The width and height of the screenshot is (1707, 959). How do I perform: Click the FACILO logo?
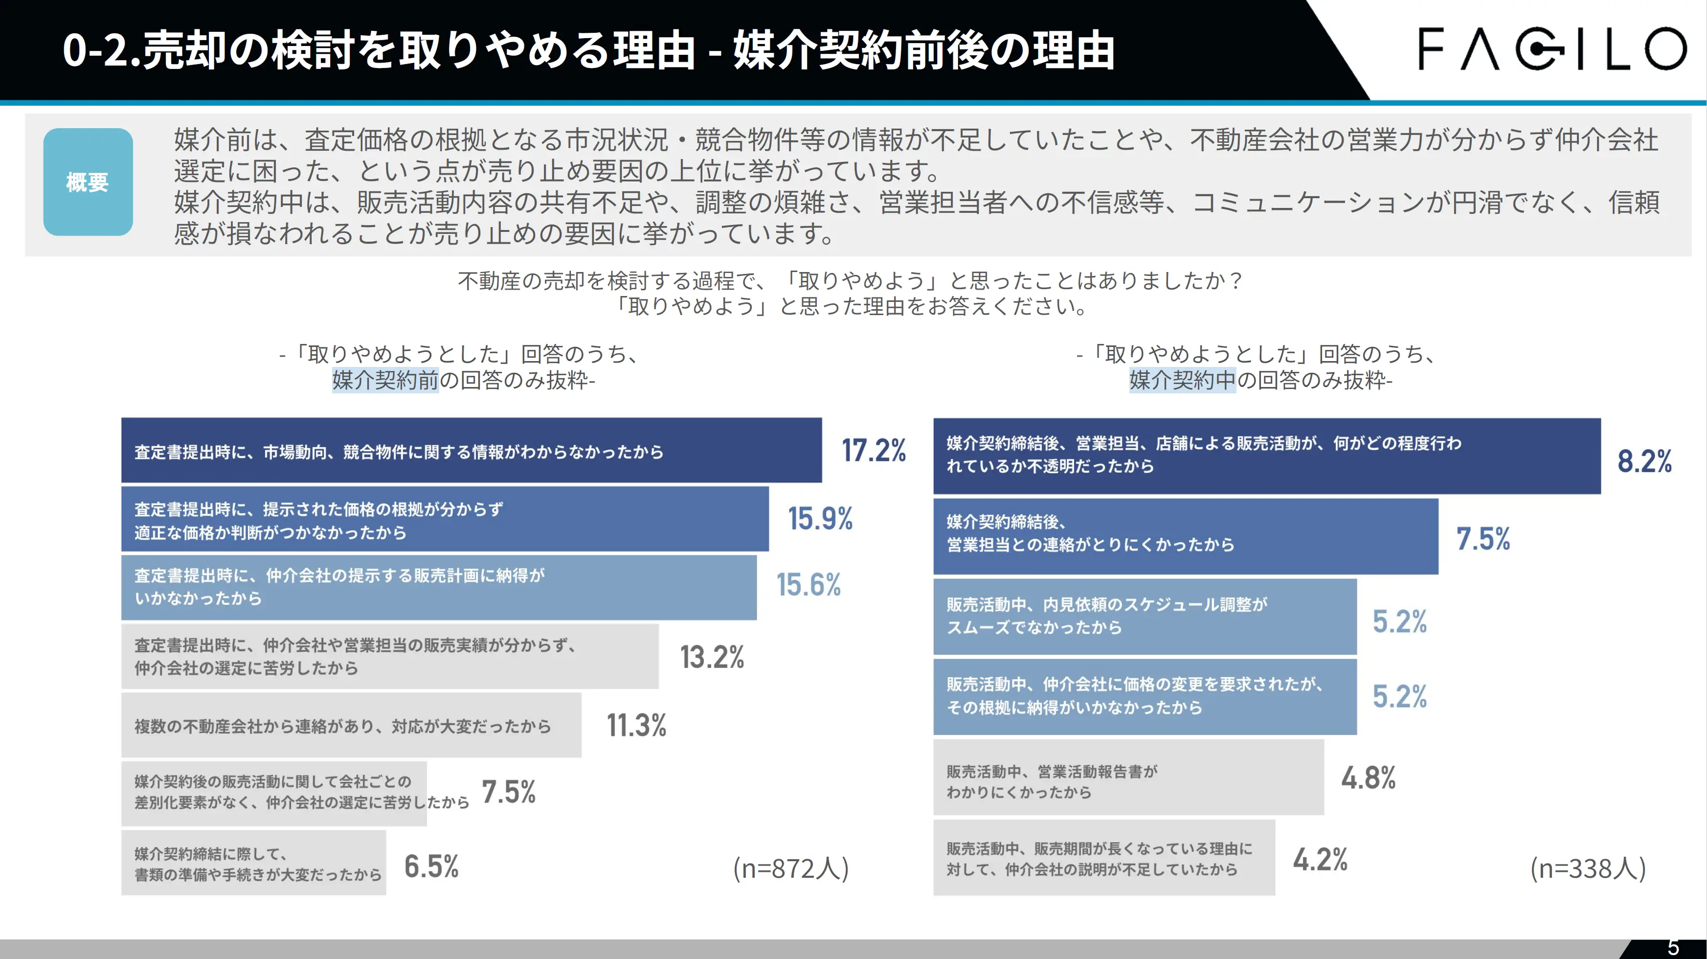pyautogui.click(x=1550, y=48)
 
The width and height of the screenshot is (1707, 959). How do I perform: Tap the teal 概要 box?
pyautogui.click(x=88, y=182)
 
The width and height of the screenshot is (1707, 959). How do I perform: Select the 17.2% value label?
pyautogui.click(x=874, y=451)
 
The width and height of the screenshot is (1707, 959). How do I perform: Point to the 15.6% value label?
pyautogui.click(x=809, y=585)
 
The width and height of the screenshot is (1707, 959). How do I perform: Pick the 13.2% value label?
pyautogui.click(x=712, y=658)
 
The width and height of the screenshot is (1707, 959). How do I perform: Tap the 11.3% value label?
pyautogui.click(x=636, y=726)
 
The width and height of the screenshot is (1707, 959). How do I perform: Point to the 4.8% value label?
pyautogui.click(x=1369, y=778)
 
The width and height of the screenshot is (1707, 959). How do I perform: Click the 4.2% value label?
pyautogui.click(x=1320, y=860)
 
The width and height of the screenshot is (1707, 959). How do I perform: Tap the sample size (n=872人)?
pyautogui.click(x=790, y=868)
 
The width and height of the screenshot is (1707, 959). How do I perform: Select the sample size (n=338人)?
pyautogui.click(x=1588, y=868)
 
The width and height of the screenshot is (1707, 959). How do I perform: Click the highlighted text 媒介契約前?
pyautogui.click(x=385, y=380)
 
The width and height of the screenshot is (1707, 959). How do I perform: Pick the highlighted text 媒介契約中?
pyautogui.click(x=1182, y=380)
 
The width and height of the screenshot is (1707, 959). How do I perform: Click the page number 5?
pyautogui.click(x=1673, y=948)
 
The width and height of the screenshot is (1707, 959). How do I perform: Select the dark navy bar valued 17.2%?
pyautogui.click(x=471, y=451)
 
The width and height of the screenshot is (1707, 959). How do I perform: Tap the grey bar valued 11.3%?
pyautogui.click(x=351, y=726)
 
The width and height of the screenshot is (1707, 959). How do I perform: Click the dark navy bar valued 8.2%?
pyautogui.click(x=1266, y=456)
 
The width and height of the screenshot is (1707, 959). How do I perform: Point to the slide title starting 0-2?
pyautogui.click(x=588, y=50)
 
